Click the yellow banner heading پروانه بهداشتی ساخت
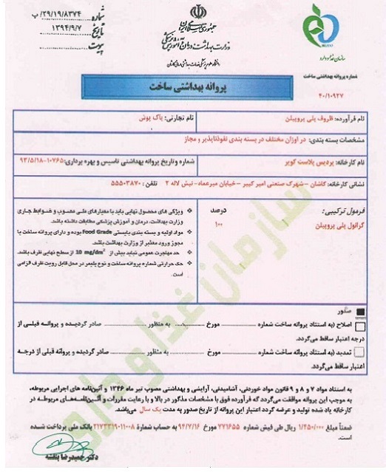coord(194,86)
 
